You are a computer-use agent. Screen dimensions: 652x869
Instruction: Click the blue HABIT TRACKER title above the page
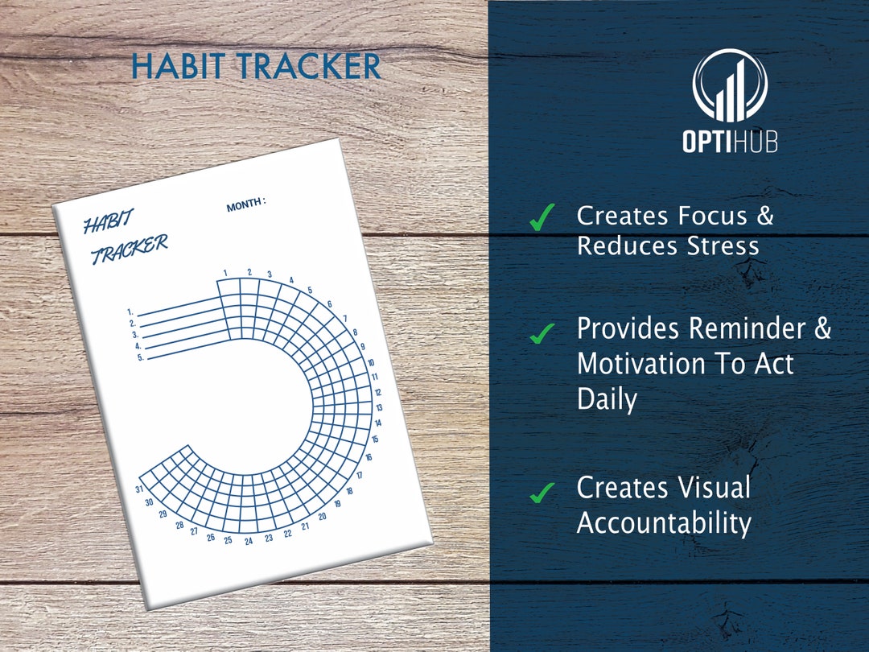(x=256, y=66)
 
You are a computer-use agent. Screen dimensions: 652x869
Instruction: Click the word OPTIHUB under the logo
(x=730, y=141)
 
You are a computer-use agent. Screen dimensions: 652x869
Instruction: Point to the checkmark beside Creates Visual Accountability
(x=542, y=491)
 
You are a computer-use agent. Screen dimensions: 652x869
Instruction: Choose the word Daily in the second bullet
(x=607, y=398)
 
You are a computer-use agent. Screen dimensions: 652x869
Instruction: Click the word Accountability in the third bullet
(x=664, y=523)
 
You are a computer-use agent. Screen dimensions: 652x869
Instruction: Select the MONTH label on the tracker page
(x=245, y=205)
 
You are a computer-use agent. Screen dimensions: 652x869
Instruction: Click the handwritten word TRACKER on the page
(x=129, y=250)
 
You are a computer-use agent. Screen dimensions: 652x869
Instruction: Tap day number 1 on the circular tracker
(x=226, y=272)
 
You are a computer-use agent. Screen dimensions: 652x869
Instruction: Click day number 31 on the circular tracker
(x=139, y=489)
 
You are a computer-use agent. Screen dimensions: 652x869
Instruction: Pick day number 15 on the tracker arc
(x=375, y=439)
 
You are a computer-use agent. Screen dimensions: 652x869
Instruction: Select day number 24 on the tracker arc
(x=249, y=541)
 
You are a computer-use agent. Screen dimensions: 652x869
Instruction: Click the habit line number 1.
(x=130, y=311)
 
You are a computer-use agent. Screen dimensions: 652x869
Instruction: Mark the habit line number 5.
(x=141, y=357)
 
